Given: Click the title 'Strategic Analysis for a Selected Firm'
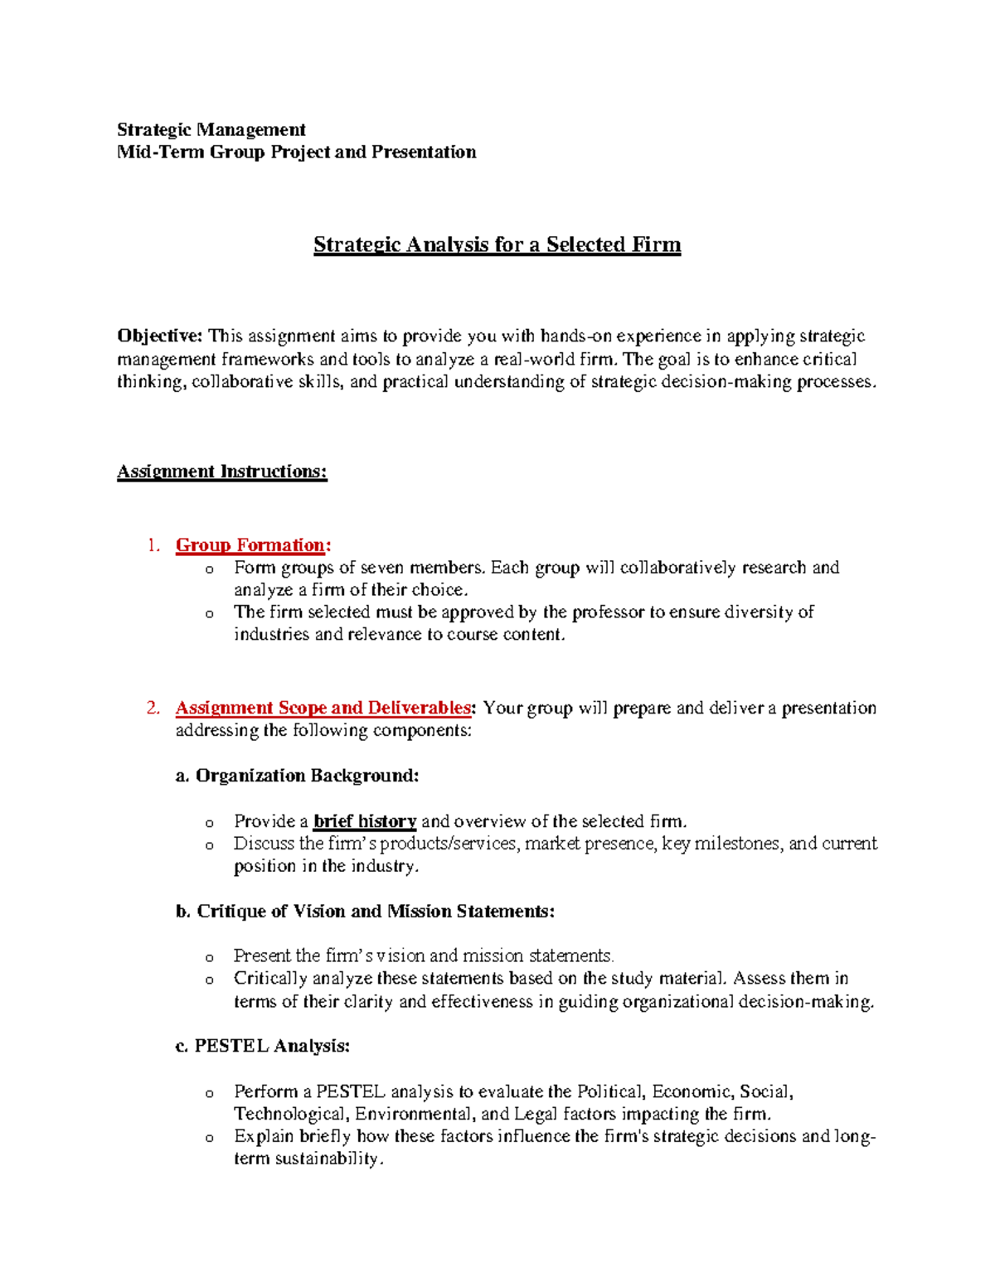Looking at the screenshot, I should (x=497, y=245).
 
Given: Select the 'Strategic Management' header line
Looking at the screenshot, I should (x=211, y=129).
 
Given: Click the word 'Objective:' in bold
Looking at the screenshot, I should (x=159, y=336).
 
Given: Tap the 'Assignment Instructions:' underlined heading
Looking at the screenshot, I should (x=221, y=472).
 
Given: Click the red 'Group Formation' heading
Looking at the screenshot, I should (x=250, y=545).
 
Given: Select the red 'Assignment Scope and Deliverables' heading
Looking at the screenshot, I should (x=323, y=708).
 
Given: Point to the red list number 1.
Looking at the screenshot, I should (x=152, y=545).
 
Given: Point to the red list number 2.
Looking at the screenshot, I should (x=152, y=708).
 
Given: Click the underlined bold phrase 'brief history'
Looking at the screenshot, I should (x=365, y=821).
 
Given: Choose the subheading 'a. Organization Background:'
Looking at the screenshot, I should (x=297, y=776).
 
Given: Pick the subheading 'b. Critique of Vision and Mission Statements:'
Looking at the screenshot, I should (x=365, y=912).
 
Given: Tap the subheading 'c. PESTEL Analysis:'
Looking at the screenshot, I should (x=263, y=1047).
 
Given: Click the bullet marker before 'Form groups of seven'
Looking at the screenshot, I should (x=209, y=569).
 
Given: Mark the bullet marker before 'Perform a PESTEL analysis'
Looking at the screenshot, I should (x=209, y=1093).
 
